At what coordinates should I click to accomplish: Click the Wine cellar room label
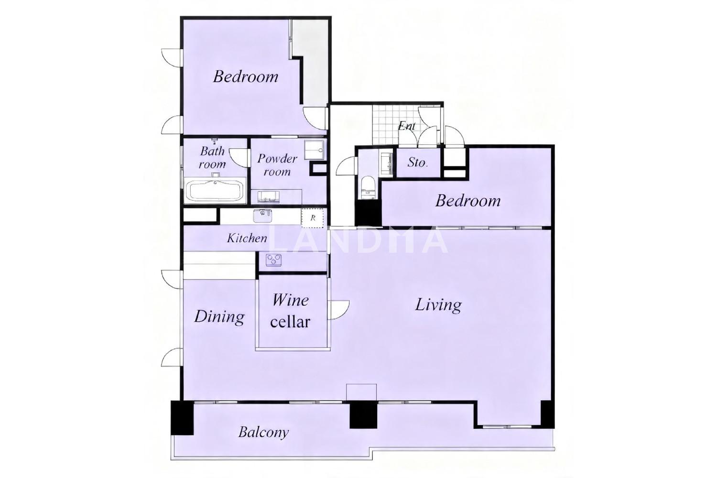pos(290,311)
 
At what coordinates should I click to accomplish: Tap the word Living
pos(438,305)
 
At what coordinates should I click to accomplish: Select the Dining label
pos(219,316)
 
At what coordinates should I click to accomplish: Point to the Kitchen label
pos(247,238)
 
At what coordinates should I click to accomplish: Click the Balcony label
pos(263,432)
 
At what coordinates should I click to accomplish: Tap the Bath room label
pos(212,158)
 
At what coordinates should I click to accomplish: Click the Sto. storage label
pos(417,163)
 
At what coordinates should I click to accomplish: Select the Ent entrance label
pos(406,126)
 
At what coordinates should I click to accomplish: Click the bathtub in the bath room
pos(215,191)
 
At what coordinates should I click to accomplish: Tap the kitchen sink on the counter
pos(262,216)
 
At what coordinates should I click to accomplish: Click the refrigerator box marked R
pos(313,217)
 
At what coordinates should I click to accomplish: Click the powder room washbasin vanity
pos(269,196)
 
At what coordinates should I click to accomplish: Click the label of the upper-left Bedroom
pos(246,77)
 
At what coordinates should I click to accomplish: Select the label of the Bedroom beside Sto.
pos(467,201)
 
